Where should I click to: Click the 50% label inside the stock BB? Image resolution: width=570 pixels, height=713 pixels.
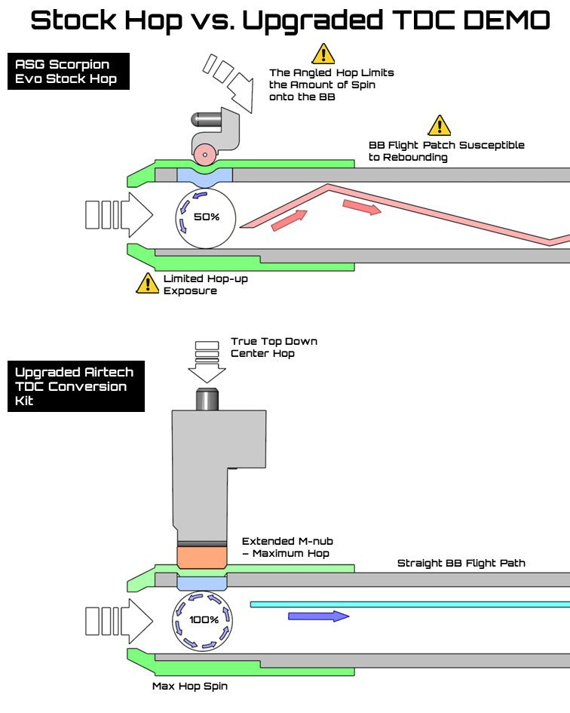coord(206,217)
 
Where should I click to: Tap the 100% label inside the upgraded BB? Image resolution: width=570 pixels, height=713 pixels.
coord(204,620)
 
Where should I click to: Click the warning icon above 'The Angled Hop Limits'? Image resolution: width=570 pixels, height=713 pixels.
coord(323,54)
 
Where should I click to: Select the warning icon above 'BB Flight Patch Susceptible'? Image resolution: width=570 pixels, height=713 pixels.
coord(439,125)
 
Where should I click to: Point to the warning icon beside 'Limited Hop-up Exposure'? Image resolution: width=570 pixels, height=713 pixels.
coord(147,284)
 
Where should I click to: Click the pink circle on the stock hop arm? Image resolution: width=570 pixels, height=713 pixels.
coord(203,155)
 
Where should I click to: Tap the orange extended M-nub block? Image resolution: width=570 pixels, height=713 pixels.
coord(201,557)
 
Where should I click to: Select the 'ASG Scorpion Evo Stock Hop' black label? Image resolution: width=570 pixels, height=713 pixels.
coord(68,71)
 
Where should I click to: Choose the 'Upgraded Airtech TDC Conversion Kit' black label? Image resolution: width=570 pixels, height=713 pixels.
coord(75,386)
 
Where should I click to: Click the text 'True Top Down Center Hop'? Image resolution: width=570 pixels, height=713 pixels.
coord(274,347)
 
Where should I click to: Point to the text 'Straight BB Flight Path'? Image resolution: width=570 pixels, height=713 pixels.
coord(461,563)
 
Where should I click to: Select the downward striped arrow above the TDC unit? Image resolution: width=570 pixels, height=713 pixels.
coord(207,362)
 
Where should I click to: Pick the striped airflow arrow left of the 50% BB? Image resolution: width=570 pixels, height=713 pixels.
coord(119,214)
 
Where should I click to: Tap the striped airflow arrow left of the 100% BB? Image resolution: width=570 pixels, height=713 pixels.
coord(119,619)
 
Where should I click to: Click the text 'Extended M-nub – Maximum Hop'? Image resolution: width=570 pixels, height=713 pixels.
coord(287,547)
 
